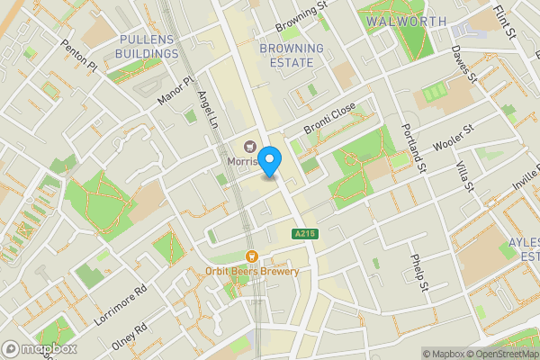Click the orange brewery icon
tap(251, 255)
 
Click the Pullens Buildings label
tap(147, 47)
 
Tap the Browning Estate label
tap(291, 55)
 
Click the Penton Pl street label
tap(78, 55)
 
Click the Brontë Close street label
tap(329, 118)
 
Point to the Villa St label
tap(464, 171)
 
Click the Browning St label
tap(302, 15)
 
